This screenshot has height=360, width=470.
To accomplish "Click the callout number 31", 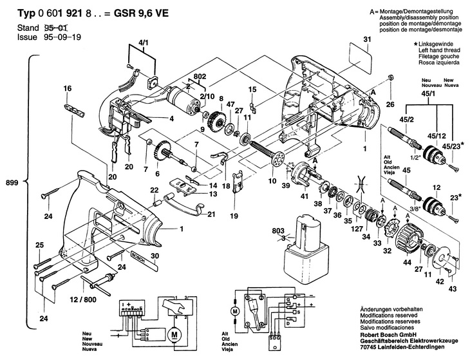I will coord(368,41).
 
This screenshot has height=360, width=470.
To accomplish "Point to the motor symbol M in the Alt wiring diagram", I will coord(235,311).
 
